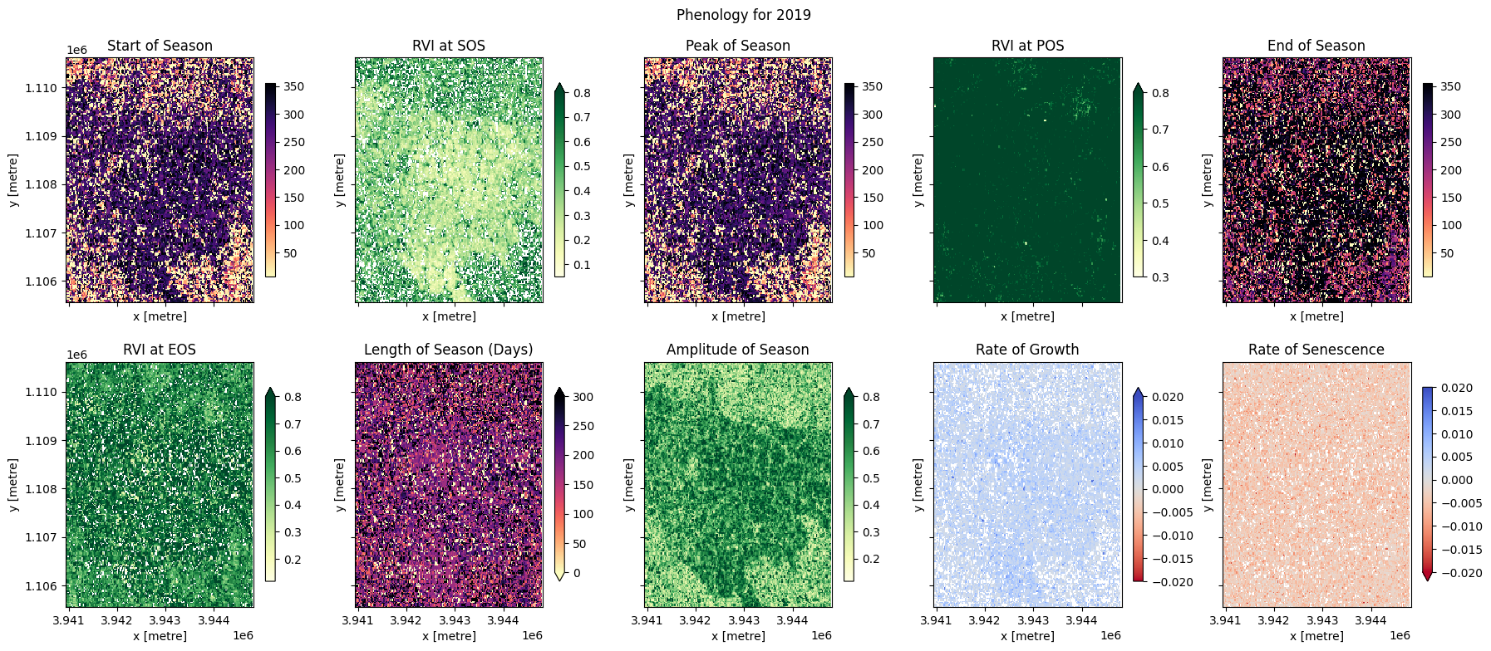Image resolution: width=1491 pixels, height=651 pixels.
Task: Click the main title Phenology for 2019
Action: point(743,15)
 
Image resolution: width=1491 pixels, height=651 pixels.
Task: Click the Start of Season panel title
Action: point(160,46)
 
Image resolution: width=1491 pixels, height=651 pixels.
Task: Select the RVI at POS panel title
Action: point(1027,46)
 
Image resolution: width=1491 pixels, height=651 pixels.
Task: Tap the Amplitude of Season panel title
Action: point(737,350)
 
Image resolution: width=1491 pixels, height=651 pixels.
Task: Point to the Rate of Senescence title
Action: point(1316,350)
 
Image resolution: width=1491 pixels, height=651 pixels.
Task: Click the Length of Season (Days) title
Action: point(448,350)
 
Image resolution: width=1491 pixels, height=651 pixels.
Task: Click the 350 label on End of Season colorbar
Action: point(1450,86)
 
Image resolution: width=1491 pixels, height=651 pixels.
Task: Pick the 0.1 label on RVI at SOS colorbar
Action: point(582,266)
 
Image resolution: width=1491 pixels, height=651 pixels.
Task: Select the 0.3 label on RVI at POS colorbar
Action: point(1160,277)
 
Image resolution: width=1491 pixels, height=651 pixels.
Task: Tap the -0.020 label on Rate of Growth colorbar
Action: point(1172,582)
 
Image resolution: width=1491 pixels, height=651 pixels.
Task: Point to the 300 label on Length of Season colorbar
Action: point(583,397)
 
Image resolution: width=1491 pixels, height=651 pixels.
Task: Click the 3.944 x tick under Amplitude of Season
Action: point(792,620)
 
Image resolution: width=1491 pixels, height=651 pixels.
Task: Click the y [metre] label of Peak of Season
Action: point(629,180)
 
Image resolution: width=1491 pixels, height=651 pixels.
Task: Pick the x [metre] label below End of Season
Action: point(1316,316)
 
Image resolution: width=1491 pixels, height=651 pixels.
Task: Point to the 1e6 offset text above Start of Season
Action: point(76,50)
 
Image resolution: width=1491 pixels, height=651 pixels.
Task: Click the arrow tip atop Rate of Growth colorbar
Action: point(1138,389)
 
